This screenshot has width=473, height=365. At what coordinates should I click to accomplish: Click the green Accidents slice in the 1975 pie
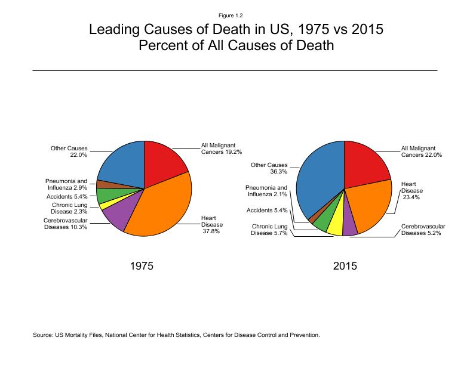tap(106, 194)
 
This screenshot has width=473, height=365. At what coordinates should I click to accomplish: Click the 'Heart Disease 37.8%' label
tap(212, 224)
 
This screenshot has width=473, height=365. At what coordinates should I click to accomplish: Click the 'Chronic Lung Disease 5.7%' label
tap(269, 230)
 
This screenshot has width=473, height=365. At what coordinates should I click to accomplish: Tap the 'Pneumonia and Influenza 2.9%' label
tap(66, 184)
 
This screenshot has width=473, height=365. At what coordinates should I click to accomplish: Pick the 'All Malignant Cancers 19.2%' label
tap(222, 149)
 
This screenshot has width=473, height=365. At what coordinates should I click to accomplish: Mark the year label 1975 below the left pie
tap(142, 266)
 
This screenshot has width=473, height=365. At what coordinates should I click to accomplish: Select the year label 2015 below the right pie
tap(345, 266)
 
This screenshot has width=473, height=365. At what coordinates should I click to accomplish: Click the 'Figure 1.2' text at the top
tap(236, 15)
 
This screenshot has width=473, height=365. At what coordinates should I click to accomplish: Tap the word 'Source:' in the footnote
tap(44, 335)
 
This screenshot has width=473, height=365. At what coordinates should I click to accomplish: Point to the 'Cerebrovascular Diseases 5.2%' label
tap(423, 230)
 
